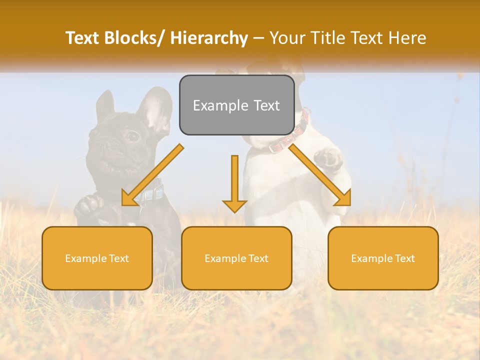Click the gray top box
pos(236,105)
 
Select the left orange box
pos(97,258)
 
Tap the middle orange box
pos(236,258)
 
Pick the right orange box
pos(383,258)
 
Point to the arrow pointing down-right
pos(320,175)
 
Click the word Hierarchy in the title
pos(208,38)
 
